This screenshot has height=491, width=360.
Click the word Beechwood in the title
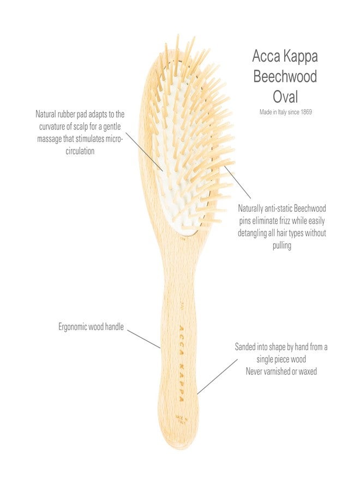[x=285, y=76]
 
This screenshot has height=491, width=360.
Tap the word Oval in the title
[x=285, y=97]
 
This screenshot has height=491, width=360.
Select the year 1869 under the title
[x=306, y=112]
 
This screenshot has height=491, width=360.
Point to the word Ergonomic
[x=73, y=327]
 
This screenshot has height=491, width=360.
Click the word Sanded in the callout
[x=245, y=347]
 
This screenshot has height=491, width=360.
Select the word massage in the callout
[x=49, y=139]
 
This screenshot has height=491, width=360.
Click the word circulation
[x=80, y=151]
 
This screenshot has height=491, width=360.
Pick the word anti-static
[x=278, y=208]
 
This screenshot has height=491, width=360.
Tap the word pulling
[x=282, y=245]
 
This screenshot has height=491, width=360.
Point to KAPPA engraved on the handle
[x=181, y=382]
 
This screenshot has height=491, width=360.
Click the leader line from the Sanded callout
[x=217, y=376]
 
